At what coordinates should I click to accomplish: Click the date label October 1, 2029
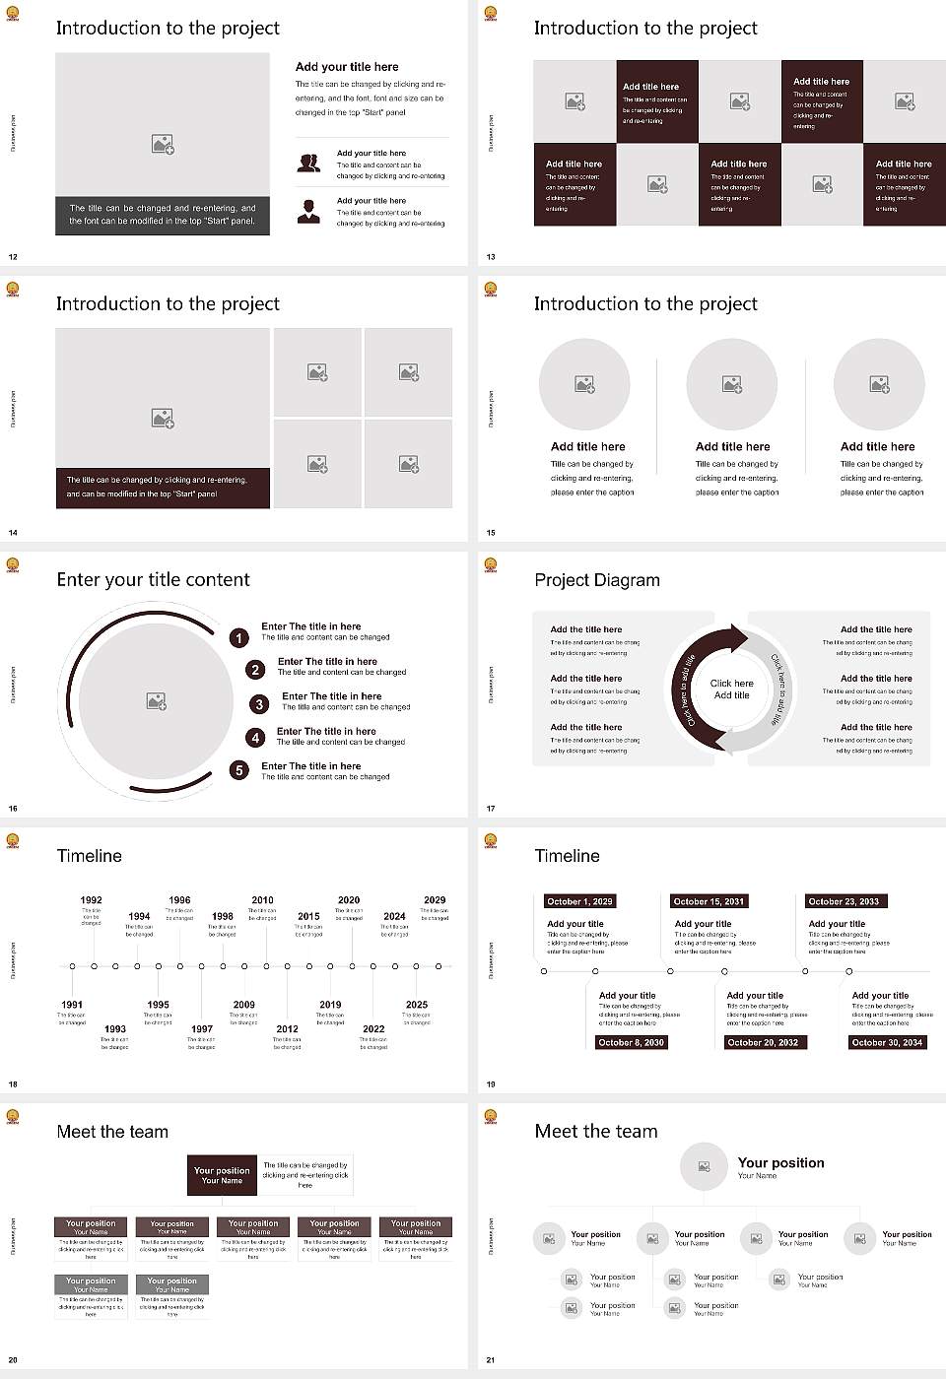click(579, 901)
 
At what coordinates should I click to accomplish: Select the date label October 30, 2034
click(887, 1042)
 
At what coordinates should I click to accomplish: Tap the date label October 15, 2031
click(709, 901)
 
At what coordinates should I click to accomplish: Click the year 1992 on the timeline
click(91, 900)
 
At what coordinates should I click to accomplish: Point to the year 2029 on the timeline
click(435, 900)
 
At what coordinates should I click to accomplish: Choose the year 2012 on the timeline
click(287, 1029)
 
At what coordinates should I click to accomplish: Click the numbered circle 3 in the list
click(259, 704)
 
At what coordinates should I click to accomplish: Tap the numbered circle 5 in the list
click(238, 770)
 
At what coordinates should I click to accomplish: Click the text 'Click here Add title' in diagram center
click(731, 689)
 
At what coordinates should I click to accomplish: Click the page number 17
click(491, 809)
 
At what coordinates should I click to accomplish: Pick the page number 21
click(491, 1360)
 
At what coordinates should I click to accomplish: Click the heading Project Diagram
click(597, 580)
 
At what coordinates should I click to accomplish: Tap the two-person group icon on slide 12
click(308, 163)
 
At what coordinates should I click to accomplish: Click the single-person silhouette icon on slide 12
click(308, 211)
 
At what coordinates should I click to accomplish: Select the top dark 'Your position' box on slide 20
click(222, 1175)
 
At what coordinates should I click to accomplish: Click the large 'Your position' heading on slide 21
click(780, 1163)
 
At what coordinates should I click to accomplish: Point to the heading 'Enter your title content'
click(153, 580)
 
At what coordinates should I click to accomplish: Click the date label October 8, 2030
click(631, 1042)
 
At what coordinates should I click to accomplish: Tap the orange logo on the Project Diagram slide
click(491, 565)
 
